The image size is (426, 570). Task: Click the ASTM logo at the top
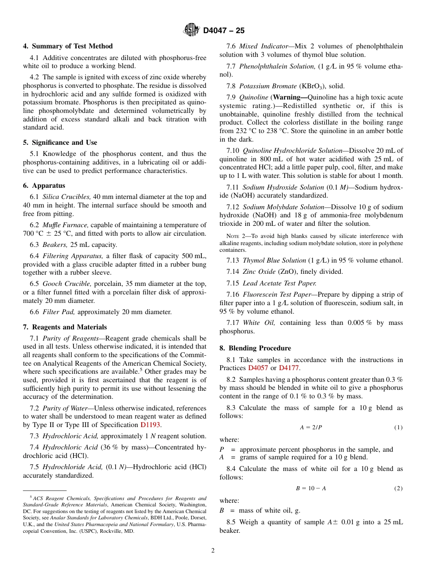(x=191, y=30)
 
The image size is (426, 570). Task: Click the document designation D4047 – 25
(x=224, y=30)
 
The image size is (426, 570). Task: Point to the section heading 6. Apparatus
(x=44, y=186)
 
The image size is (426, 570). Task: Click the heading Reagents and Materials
(x=65, y=327)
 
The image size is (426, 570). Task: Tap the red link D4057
(x=258, y=368)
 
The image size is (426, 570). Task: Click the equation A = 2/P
(x=311, y=427)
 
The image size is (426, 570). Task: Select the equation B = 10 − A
(x=311, y=488)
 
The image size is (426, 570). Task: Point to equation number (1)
(x=398, y=427)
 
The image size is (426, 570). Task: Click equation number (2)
(x=398, y=488)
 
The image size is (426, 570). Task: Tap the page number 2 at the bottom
(x=213, y=551)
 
